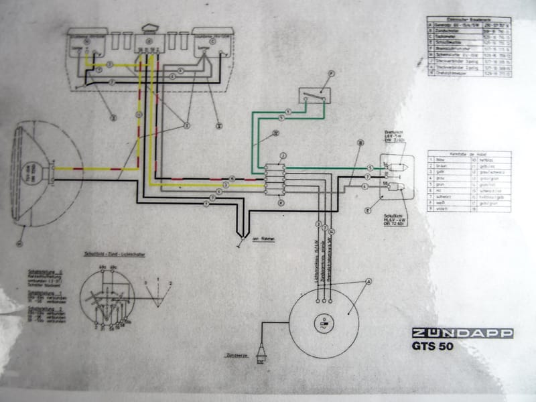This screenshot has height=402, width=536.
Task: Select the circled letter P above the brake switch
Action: (330, 75)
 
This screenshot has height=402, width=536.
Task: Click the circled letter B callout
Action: (360, 143)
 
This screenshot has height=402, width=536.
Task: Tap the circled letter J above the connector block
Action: (283, 155)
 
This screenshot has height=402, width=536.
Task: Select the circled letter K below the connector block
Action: (281, 202)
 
